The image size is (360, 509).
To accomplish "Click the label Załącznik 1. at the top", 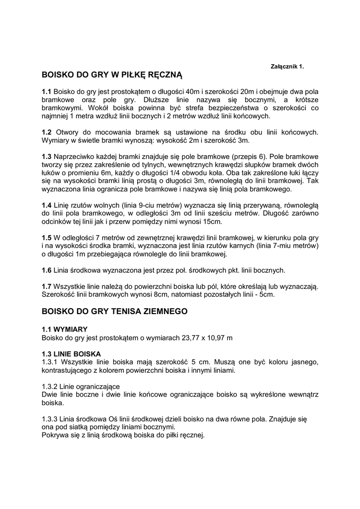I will pyautogui.click(x=286, y=66).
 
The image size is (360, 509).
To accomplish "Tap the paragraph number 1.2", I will pyautogui.click(x=47, y=132).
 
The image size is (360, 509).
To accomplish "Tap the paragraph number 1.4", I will pyautogui.click(x=47, y=205).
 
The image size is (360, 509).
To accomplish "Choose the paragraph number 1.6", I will pyautogui.click(x=47, y=270).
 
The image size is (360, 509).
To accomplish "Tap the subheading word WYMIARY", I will pyautogui.click(x=72, y=329).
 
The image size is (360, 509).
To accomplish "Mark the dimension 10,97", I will pyautogui.click(x=215, y=338).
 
